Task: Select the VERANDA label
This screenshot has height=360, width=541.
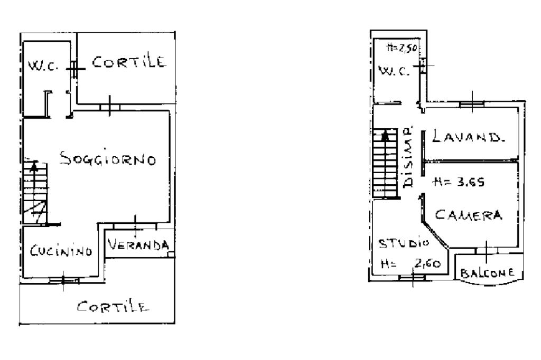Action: coord(139,245)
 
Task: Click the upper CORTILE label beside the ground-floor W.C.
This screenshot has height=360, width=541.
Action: coord(129,62)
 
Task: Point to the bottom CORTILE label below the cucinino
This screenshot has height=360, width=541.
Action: coord(111,307)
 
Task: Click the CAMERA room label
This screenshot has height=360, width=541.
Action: coord(468,215)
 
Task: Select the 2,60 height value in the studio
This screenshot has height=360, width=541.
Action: coord(428,264)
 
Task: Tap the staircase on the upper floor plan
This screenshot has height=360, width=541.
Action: coord(386,162)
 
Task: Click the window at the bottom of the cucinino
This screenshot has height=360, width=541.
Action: coord(63,280)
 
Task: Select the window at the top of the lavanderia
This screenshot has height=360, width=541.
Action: coord(472,104)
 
